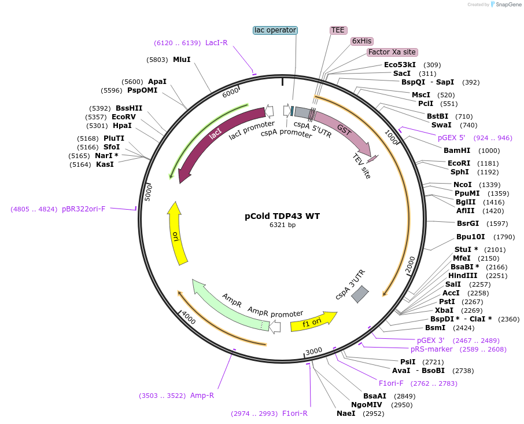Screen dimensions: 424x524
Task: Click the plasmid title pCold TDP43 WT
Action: click(282, 216)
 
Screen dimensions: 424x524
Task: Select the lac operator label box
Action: click(275, 30)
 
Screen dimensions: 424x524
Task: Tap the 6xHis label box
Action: click(362, 41)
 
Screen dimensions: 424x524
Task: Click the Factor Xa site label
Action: click(392, 52)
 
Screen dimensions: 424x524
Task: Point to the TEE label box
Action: click(338, 30)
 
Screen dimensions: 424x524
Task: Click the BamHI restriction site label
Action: click(457, 151)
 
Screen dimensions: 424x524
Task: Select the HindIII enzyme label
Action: click(463, 275)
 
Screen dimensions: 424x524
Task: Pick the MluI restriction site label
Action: click(182, 59)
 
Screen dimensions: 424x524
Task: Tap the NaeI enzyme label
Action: click(346, 414)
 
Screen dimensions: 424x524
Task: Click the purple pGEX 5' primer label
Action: click(451, 138)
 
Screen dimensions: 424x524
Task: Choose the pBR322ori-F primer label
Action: click(84, 209)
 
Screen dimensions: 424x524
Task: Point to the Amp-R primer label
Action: click(202, 396)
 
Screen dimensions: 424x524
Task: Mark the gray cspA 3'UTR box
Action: click(360, 294)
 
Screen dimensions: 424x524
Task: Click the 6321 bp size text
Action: click(282, 225)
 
